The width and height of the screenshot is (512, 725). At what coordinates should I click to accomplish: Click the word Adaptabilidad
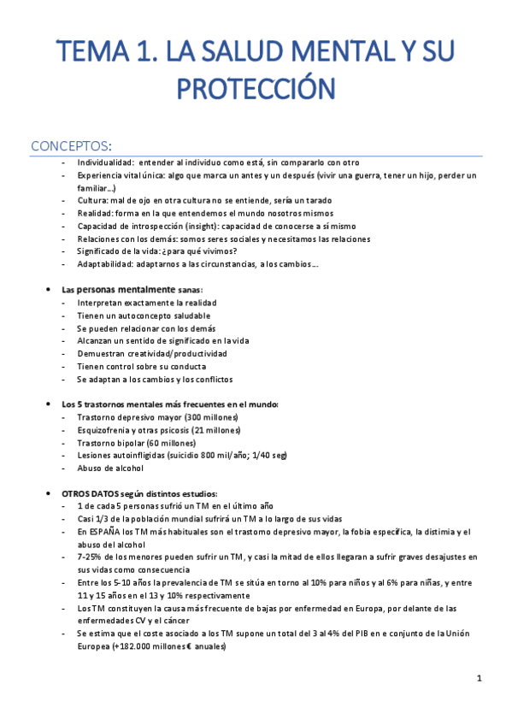click(104, 264)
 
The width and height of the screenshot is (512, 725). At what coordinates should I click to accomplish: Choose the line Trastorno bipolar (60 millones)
click(136, 443)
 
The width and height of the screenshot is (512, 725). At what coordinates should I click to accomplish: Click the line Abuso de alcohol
click(111, 468)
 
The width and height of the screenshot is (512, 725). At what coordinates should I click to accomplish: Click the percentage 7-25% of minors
click(91, 557)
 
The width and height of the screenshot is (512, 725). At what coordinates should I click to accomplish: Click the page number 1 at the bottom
click(480, 679)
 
